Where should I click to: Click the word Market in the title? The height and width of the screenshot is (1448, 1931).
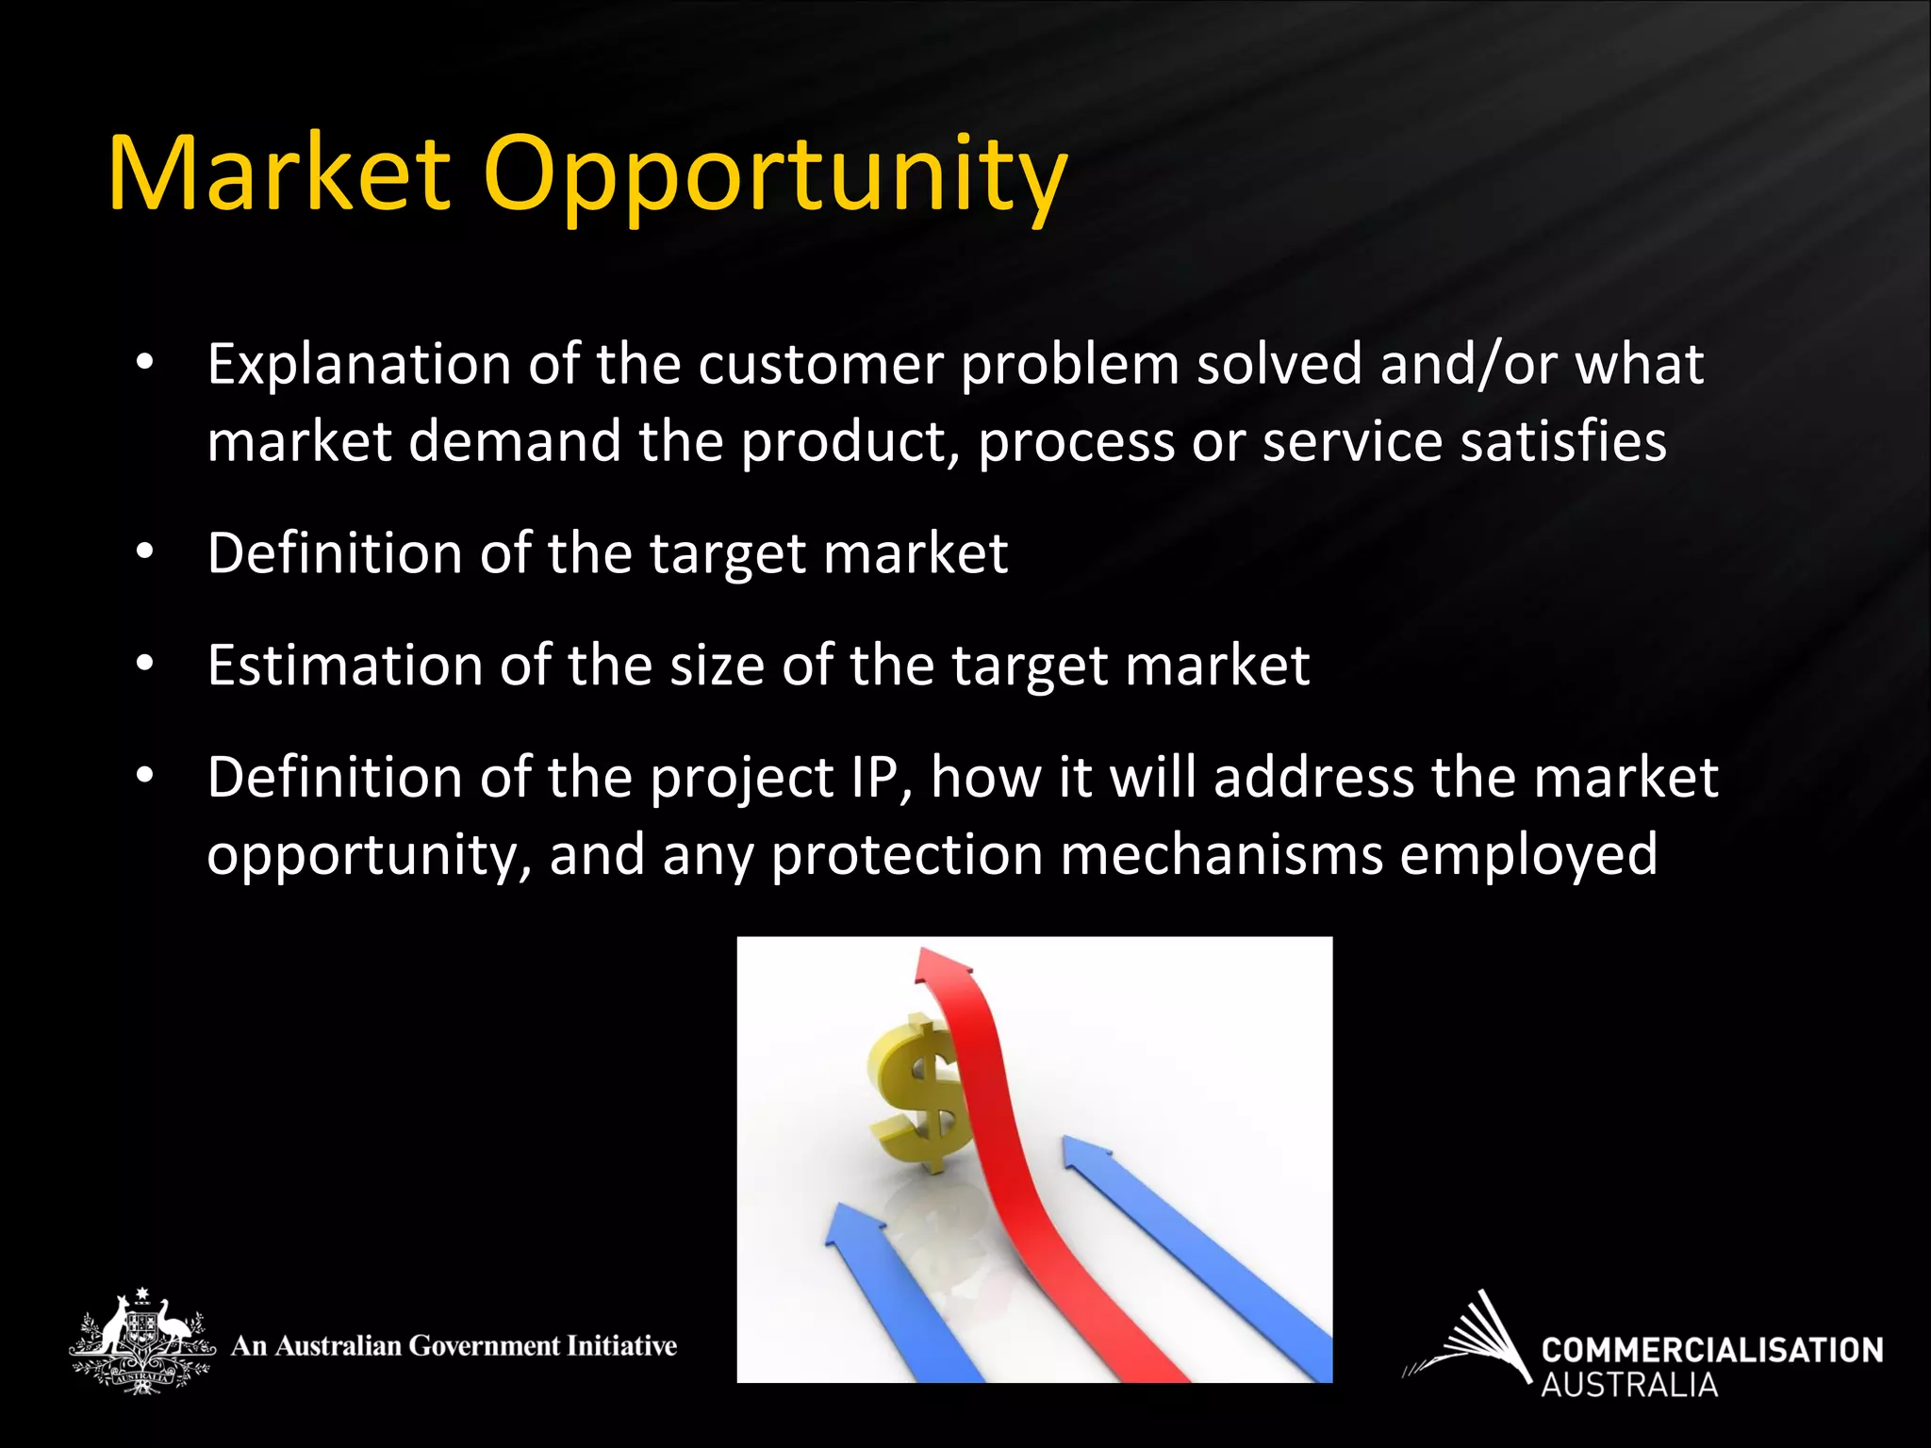[279, 174]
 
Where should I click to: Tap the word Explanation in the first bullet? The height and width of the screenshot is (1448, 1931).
[358, 365]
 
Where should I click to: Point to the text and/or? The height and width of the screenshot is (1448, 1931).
[1468, 365]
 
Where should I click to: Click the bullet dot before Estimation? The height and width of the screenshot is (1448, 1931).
[143, 665]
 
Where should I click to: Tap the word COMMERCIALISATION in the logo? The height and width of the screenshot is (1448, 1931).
[1711, 1350]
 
